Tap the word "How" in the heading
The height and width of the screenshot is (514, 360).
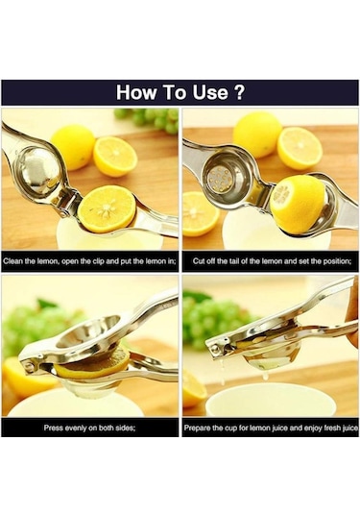[136, 93]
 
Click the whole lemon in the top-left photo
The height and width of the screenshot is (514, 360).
[73, 145]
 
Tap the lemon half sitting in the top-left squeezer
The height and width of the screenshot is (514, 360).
[106, 208]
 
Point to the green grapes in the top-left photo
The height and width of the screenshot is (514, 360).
[154, 117]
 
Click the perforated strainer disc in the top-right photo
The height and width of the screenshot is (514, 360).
[220, 177]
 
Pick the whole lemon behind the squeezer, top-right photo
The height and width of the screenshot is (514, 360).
[257, 133]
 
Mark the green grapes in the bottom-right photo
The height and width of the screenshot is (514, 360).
[216, 322]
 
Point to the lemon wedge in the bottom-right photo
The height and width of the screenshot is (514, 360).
[195, 390]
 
